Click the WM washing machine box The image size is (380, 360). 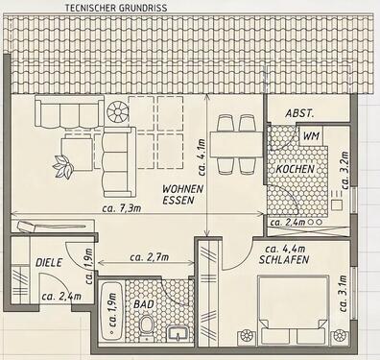311,135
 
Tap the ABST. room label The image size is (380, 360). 299,113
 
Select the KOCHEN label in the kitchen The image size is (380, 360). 296,169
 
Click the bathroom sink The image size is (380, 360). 178,333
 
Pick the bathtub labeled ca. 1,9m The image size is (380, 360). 111,309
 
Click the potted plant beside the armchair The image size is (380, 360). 63,166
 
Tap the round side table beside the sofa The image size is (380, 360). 117,112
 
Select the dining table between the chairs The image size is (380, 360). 237,144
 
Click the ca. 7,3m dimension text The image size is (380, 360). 122,208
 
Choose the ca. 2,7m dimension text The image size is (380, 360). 150,256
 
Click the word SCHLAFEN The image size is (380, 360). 284,260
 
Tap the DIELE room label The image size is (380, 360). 49,263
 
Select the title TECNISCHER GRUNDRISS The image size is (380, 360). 116,8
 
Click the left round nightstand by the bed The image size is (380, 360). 247,336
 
